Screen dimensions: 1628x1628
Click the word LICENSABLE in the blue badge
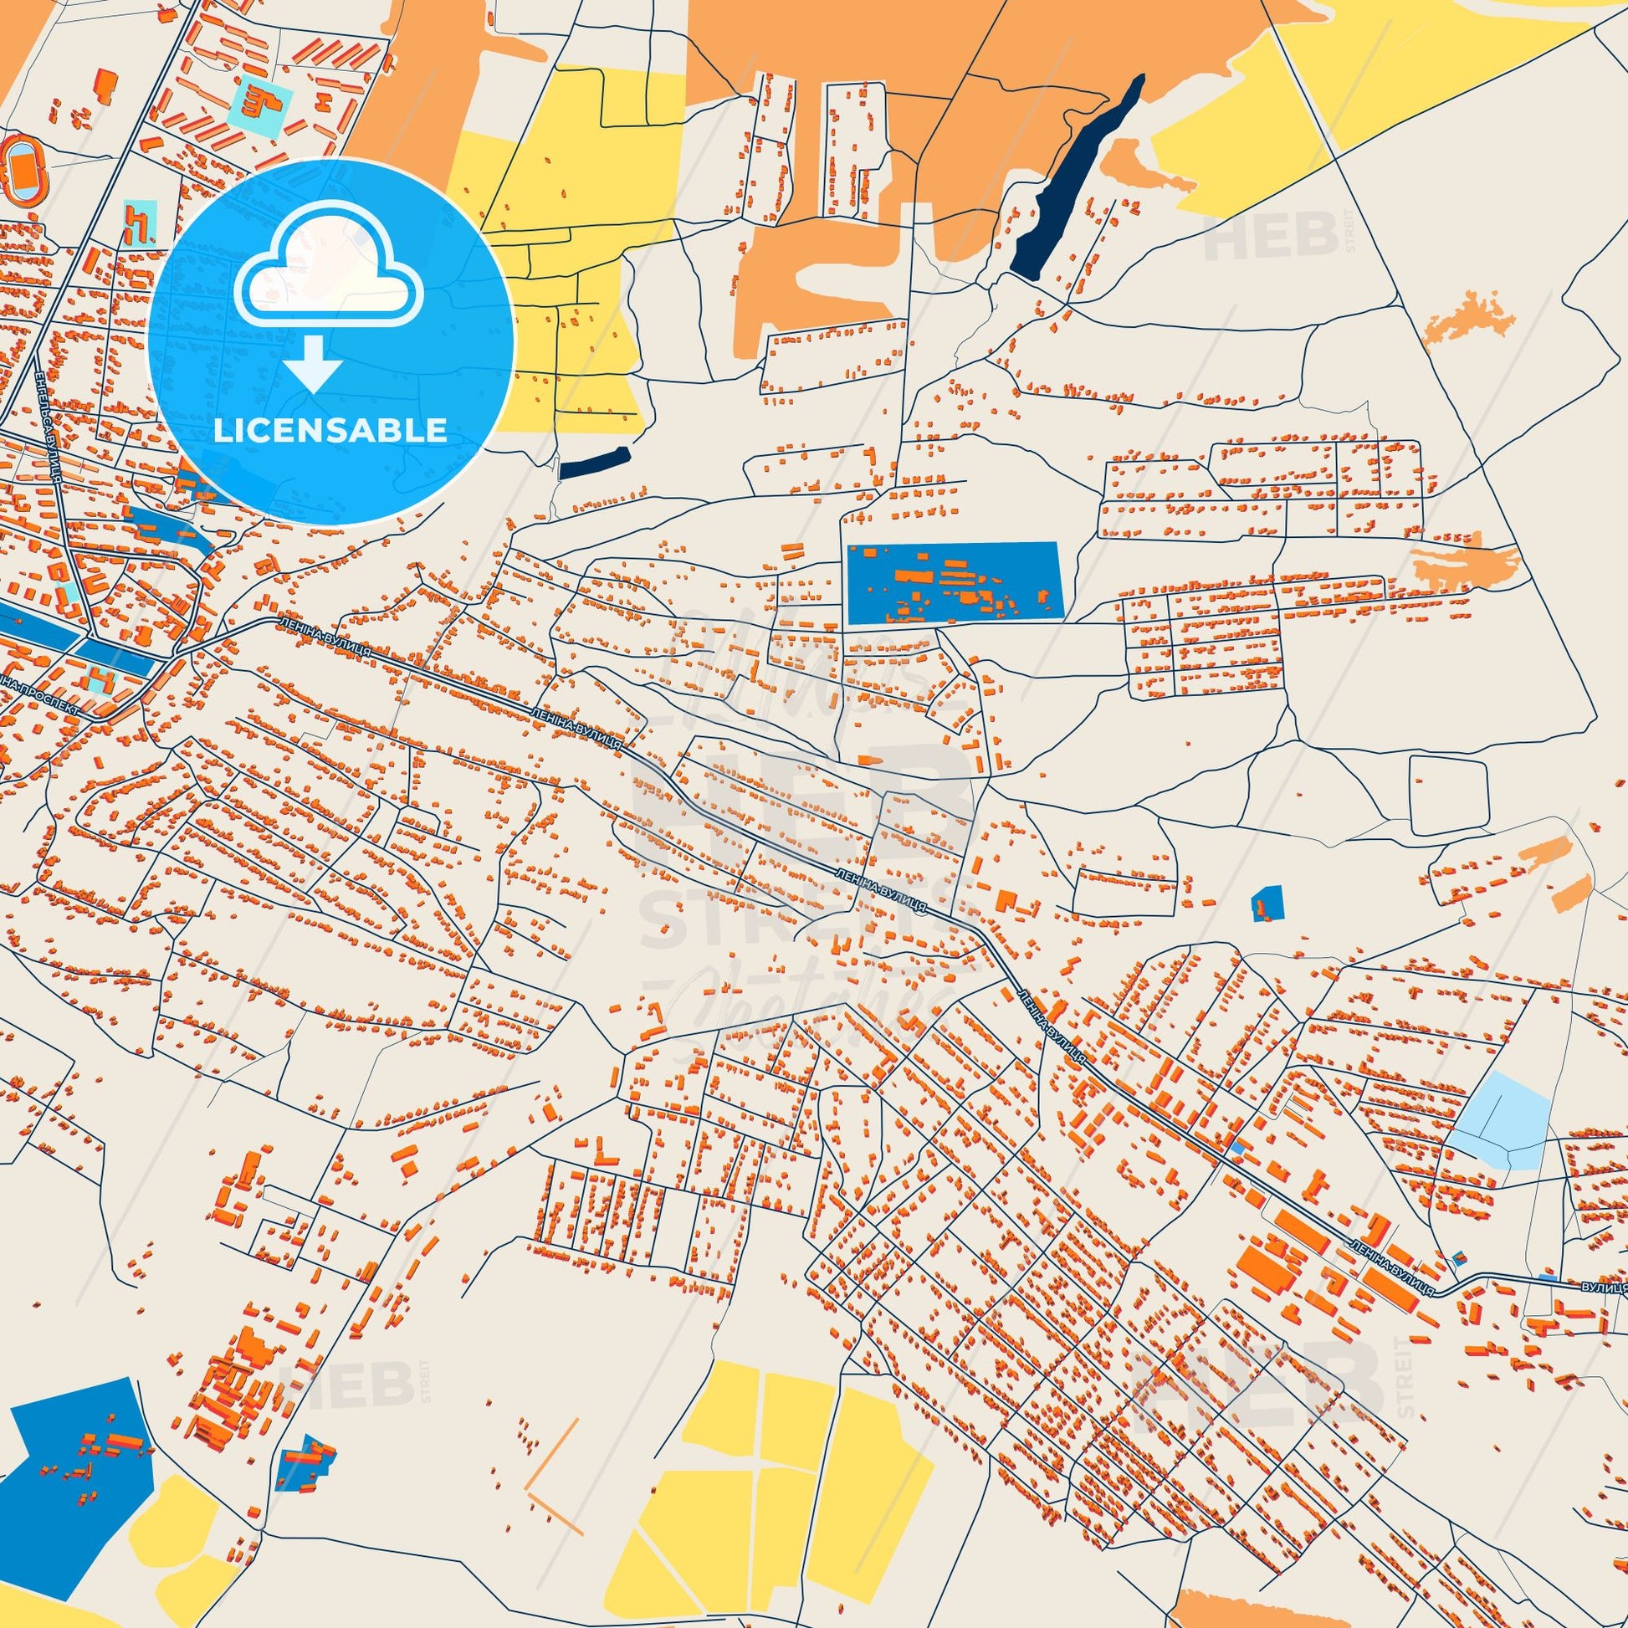click(330, 430)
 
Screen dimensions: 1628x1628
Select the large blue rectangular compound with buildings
click(953, 582)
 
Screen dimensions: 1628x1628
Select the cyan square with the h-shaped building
click(140, 223)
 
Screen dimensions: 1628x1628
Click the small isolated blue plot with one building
click(1266, 903)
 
